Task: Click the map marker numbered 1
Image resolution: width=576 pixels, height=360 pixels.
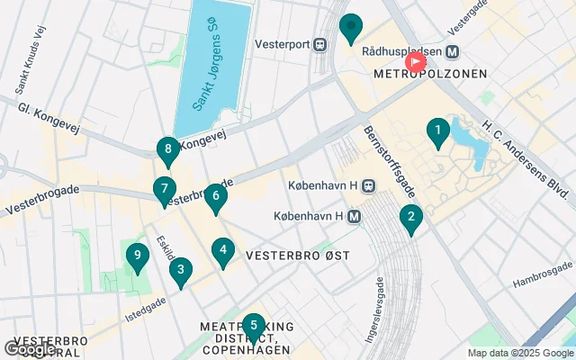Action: coord(437,133)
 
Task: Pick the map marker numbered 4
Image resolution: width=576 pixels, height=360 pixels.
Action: coord(223,251)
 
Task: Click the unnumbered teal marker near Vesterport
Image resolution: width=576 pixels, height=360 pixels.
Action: coord(351,28)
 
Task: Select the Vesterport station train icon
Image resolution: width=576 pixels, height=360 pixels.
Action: coord(319,43)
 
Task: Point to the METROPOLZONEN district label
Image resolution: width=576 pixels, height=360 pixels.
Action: coord(430,74)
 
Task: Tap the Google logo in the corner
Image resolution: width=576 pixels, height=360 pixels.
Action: coord(30,348)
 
